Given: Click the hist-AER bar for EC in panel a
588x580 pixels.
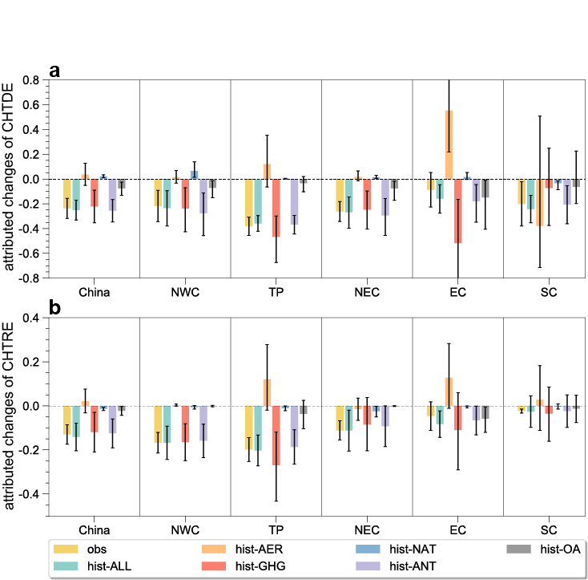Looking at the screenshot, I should tap(449, 144).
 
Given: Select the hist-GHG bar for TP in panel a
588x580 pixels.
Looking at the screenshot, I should tap(276, 207).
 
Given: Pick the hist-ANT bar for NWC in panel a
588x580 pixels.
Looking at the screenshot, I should tap(203, 196).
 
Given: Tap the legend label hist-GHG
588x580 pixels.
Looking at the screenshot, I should tap(256, 566).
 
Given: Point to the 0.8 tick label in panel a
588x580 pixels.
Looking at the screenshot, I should tap(31, 80).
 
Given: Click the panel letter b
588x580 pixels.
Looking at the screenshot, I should tap(55, 307).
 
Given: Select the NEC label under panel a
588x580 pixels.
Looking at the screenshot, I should tap(367, 292).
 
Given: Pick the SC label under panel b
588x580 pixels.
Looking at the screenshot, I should tap(549, 529).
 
